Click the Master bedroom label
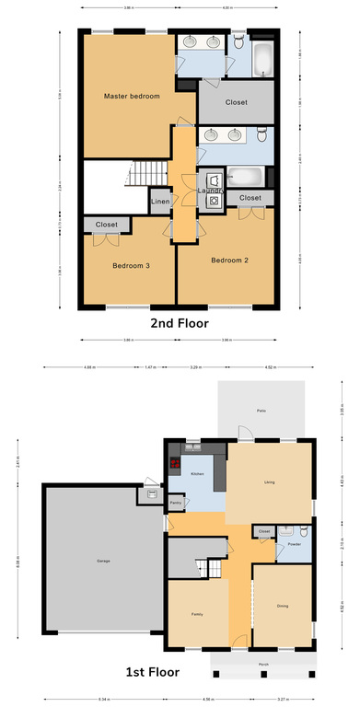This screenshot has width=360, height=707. (x=132, y=97)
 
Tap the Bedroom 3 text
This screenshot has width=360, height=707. (x=131, y=266)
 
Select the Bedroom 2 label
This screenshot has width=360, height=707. (x=230, y=261)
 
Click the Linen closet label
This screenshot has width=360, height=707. (x=160, y=202)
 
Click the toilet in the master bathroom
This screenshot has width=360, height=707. (x=238, y=41)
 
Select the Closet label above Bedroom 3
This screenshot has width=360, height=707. (x=106, y=224)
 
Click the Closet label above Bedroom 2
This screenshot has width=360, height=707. (x=250, y=198)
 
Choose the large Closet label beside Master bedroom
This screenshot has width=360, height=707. (x=236, y=103)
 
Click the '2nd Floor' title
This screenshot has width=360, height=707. (x=180, y=324)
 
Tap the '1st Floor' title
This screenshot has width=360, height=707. (x=180, y=672)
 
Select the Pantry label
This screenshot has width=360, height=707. (x=175, y=504)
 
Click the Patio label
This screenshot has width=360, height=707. (x=261, y=411)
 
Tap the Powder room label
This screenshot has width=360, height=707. (x=294, y=544)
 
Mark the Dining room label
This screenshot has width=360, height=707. (x=283, y=606)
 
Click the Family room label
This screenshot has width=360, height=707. (x=197, y=614)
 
